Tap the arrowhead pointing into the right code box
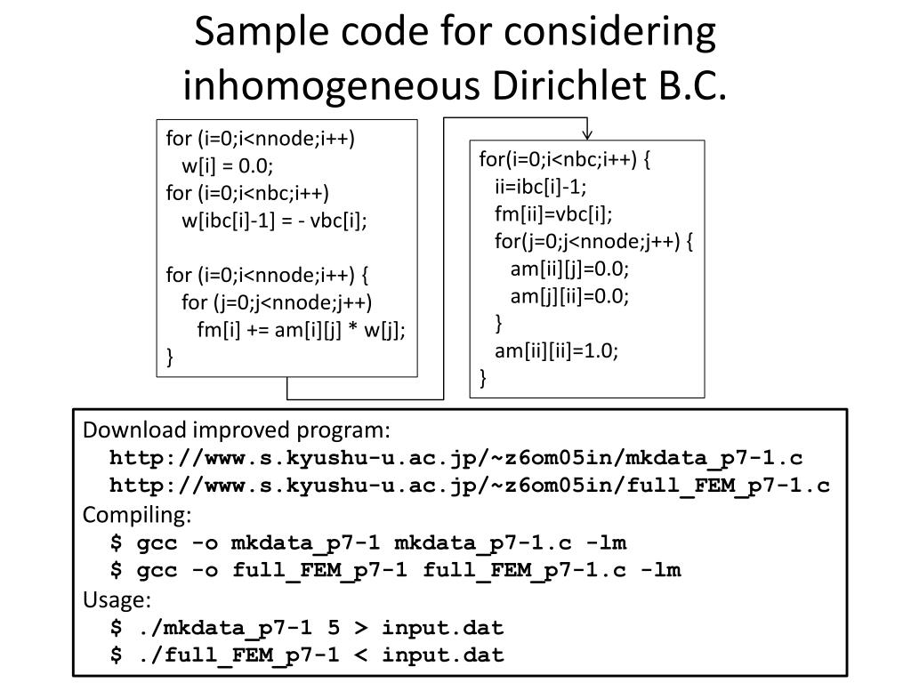coord(587,133)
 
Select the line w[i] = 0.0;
coord(228,165)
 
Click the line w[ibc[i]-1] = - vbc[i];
coord(274,220)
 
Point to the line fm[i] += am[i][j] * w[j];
coord(301,329)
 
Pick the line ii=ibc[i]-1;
coord(541,187)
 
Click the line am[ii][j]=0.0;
coord(569,269)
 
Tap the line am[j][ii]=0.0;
coord(569,296)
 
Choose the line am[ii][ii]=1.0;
coord(556,350)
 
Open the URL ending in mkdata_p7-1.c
coord(455,458)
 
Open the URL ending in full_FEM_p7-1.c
coord(470,486)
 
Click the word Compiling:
coord(137,515)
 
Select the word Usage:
coord(117,599)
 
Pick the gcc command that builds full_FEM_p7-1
coord(395,570)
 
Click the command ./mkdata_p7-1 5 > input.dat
coord(307,627)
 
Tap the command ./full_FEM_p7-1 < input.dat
coord(307,655)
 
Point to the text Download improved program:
coord(237,430)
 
